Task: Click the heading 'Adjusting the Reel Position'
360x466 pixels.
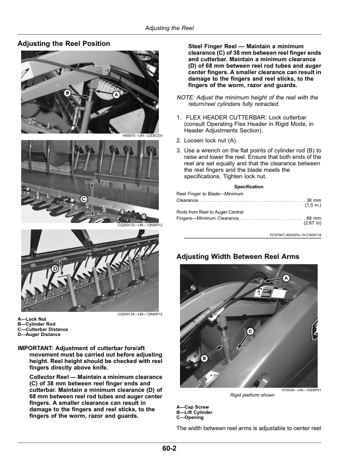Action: click(x=64, y=44)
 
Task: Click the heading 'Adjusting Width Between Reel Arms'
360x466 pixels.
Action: click(x=238, y=257)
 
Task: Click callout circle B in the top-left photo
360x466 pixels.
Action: click(x=68, y=94)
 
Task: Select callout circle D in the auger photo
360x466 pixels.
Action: click(x=55, y=269)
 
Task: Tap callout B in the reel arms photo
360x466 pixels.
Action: click(x=204, y=358)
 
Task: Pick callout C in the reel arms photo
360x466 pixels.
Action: click(x=250, y=331)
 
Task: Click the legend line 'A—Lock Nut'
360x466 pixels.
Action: click(x=32, y=319)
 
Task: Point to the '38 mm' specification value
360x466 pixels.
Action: click(x=313, y=200)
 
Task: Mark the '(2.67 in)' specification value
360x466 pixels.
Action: click(x=312, y=223)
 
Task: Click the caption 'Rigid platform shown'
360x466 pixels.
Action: click(x=252, y=395)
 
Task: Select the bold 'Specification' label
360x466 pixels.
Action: click(x=249, y=187)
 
